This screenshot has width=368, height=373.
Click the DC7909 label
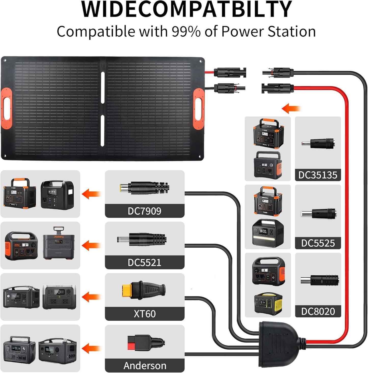[144, 211]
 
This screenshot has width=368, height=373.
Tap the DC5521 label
[144, 262]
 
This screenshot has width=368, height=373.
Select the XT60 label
[144, 314]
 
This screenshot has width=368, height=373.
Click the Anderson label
[145, 366]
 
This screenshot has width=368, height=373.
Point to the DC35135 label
[318, 175]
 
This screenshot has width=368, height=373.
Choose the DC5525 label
[318, 243]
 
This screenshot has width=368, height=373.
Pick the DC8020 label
[318, 311]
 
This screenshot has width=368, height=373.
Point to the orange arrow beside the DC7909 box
[91, 194]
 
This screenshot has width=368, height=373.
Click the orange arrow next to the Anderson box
[91, 348]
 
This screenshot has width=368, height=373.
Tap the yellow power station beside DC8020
[268, 303]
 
